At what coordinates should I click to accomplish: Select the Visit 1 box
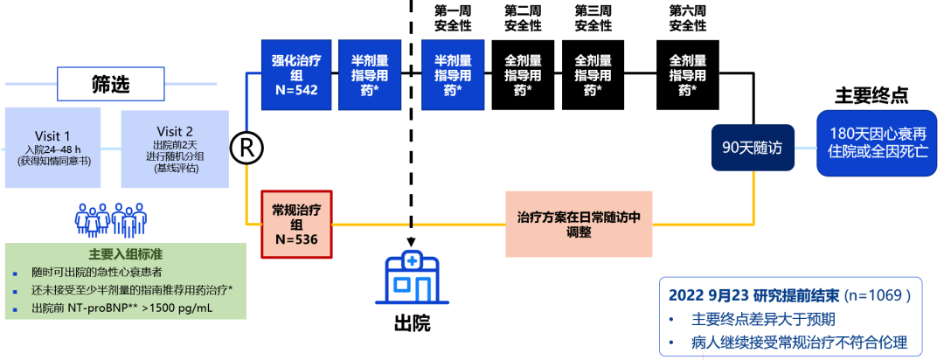(53, 146)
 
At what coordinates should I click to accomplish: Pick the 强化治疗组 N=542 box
(296, 75)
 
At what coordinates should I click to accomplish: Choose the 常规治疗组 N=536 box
(296, 225)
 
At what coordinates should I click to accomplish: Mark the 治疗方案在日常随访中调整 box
(579, 225)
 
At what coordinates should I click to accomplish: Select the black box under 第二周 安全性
(523, 75)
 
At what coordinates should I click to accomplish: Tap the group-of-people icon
(110, 219)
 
